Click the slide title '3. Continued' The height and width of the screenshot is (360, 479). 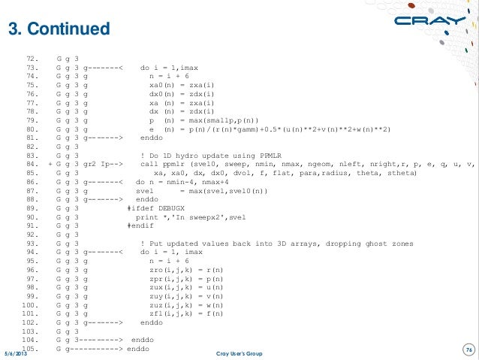coord(59,29)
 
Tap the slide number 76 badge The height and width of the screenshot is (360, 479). coord(468,347)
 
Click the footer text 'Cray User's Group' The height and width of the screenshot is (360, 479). coord(239,353)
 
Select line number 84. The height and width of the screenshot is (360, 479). coord(32,164)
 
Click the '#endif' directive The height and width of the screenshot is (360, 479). coord(142,225)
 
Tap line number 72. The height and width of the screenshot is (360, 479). coord(32,58)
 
